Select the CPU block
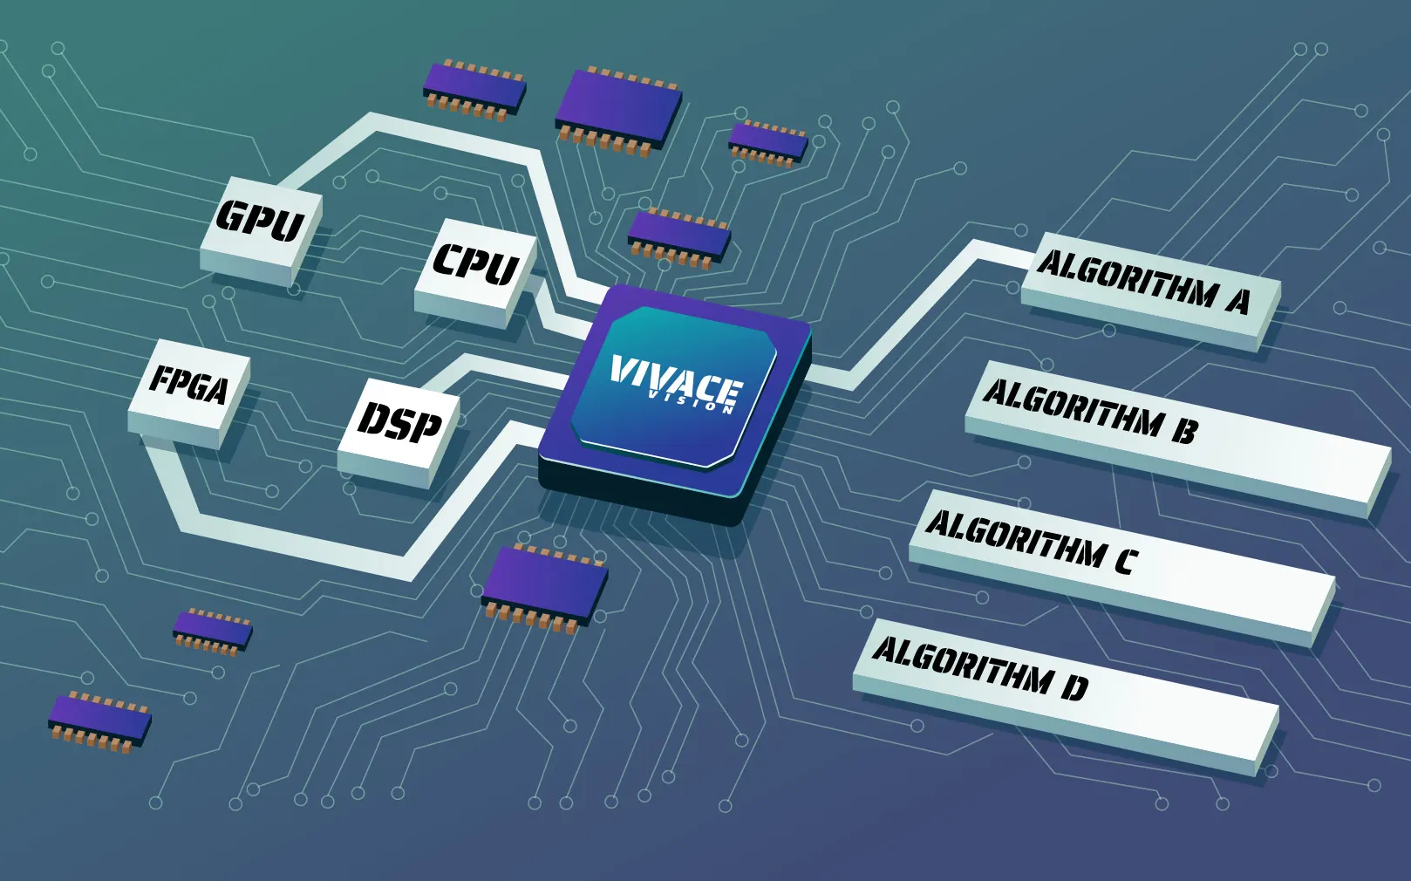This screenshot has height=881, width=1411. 475,266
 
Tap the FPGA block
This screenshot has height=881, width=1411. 188,388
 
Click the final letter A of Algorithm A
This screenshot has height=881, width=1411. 1239,301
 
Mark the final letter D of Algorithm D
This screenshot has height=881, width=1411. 1075,688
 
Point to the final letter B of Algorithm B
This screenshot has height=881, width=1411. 1185,430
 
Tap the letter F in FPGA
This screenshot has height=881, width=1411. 162,378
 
